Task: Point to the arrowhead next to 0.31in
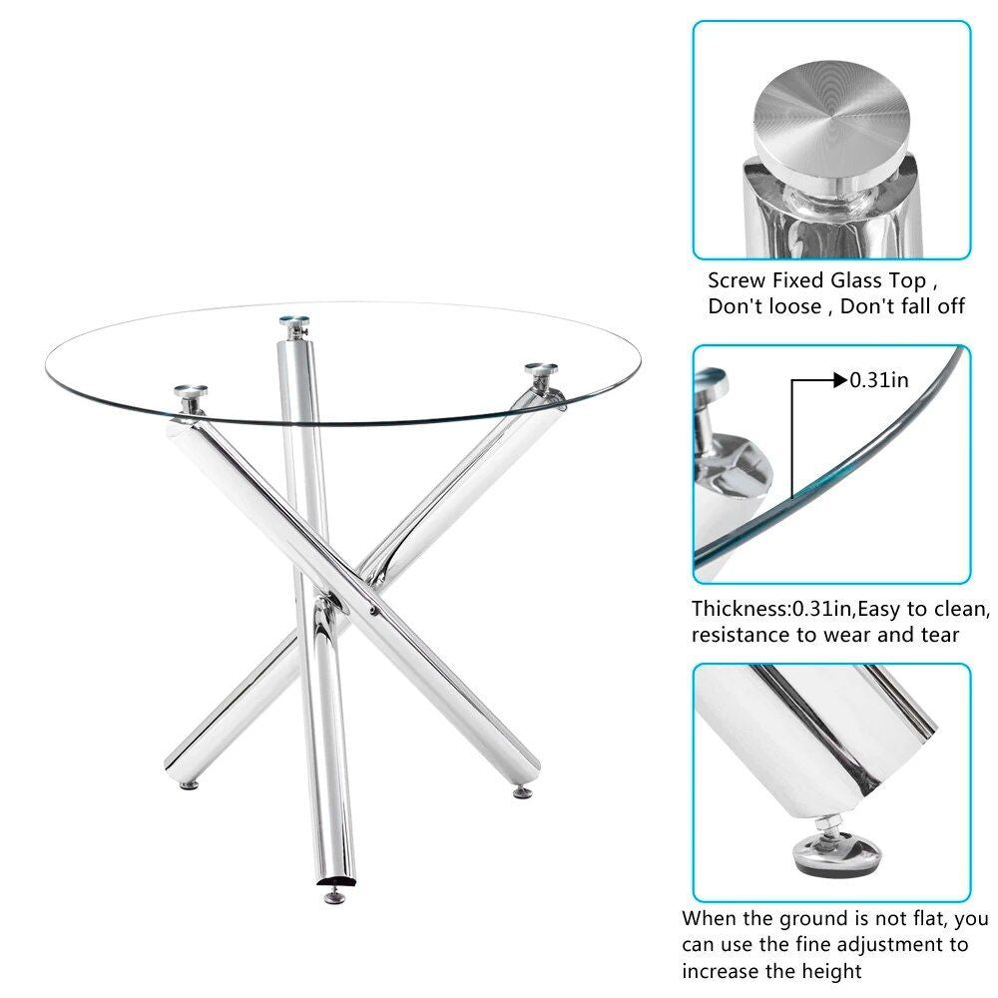(838, 379)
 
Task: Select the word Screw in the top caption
(739, 280)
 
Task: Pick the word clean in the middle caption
(961, 608)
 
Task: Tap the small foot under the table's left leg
(187, 784)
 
